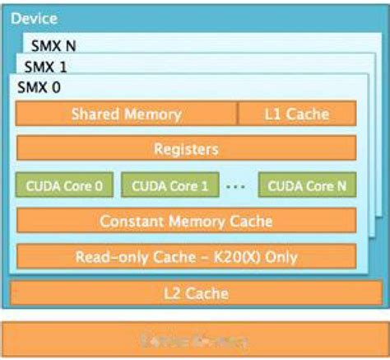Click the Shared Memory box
[127, 114]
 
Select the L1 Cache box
[296, 114]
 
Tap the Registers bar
[186, 149]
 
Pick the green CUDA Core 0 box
[64, 185]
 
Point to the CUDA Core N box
[307, 185]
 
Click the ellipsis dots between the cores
[235, 186]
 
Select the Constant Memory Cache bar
[186, 221]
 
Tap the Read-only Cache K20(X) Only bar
[186, 257]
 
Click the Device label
[30, 16]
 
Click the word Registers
[186, 149]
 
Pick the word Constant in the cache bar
[130, 221]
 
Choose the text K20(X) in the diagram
[235, 257]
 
